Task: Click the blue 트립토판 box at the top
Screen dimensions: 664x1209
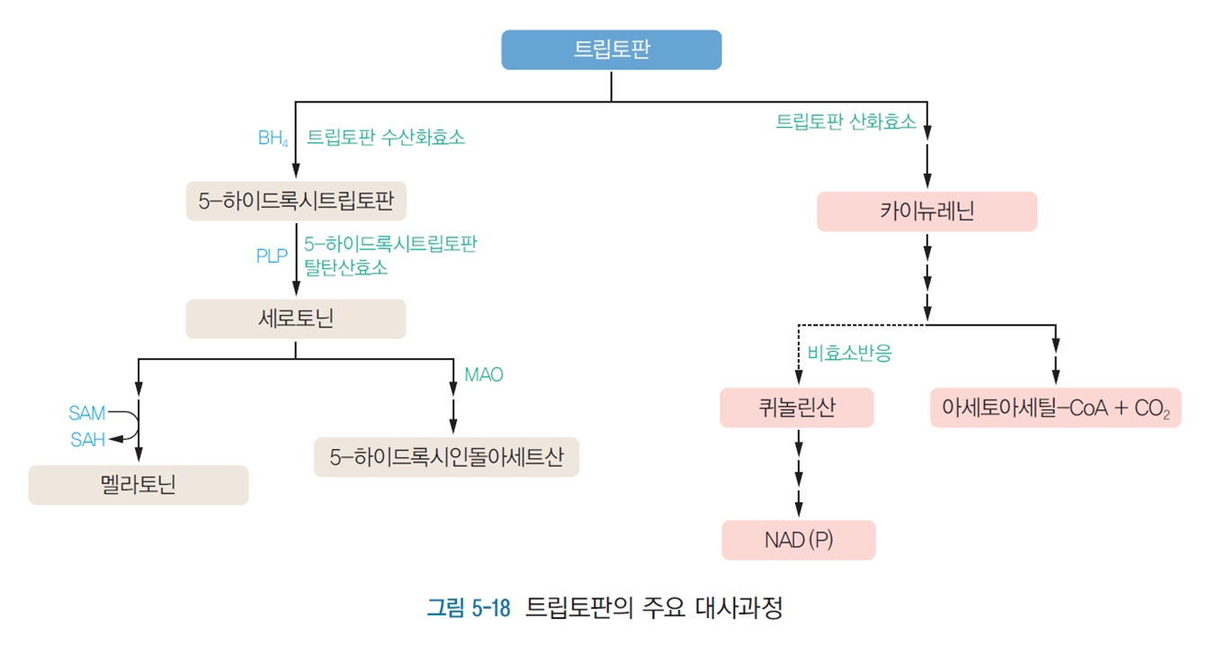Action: (611, 50)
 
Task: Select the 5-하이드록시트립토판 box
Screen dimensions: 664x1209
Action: (296, 201)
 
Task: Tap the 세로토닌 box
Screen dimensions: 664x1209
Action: (296, 319)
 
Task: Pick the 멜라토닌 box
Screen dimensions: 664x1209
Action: (139, 485)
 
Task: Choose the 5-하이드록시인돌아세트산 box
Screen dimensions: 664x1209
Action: (446, 457)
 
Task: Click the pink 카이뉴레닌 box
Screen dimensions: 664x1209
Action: (927, 212)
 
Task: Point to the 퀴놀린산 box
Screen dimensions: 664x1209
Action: (797, 408)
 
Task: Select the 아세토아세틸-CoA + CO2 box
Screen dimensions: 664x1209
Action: (1055, 408)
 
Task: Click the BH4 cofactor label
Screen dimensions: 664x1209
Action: (273, 139)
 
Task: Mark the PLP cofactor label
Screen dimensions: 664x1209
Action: (272, 256)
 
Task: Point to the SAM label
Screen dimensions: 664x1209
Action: (87, 414)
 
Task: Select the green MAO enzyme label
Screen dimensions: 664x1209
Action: (484, 374)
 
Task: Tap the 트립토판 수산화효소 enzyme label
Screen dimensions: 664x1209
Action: (386, 138)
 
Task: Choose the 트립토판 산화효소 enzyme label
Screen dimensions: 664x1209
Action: (846, 121)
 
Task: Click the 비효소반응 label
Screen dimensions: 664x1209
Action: (849, 354)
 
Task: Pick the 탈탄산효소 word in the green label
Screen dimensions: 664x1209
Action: (346, 267)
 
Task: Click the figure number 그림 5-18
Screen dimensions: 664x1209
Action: (469, 609)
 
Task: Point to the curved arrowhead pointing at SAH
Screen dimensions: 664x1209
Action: (113, 440)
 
